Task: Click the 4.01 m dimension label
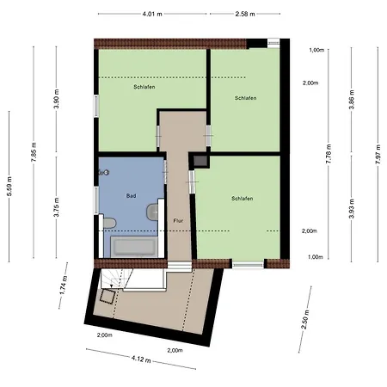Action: (x=151, y=15)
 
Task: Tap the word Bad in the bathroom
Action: (x=131, y=196)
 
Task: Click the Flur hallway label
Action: (x=178, y=221)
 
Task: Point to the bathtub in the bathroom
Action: (x=133, y=248)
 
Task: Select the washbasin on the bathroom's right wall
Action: (x=156, y=208)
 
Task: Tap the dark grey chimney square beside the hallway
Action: (x=200, y=161)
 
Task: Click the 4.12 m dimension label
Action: (x=142, y=359)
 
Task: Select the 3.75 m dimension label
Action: (x=56, y=212)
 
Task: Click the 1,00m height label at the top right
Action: (x=316, y=50)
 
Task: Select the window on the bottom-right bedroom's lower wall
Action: (x=248, y=263)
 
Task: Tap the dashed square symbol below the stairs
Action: (x=107, y=297)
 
